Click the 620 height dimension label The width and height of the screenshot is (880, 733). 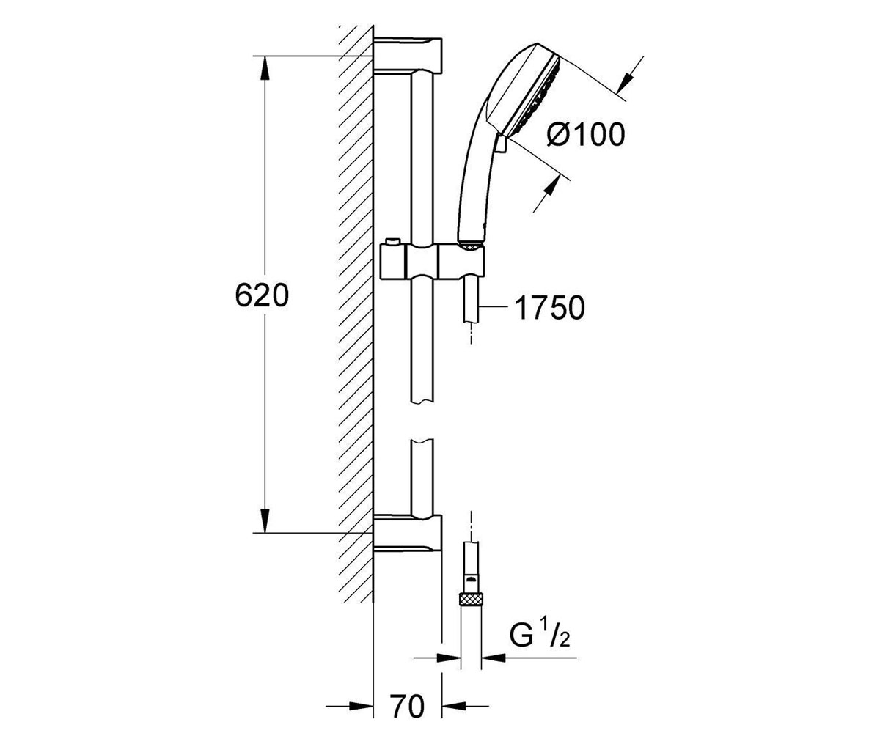pos(262,295)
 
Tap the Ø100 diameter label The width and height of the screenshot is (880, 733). pos(586,135)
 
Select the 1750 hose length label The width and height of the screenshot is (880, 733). pos(550,307)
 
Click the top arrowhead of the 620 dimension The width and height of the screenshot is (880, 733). pos(265,68)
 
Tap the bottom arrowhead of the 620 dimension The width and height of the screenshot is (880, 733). pos(265,520)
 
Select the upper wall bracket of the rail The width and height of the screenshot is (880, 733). pos(408,55)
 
